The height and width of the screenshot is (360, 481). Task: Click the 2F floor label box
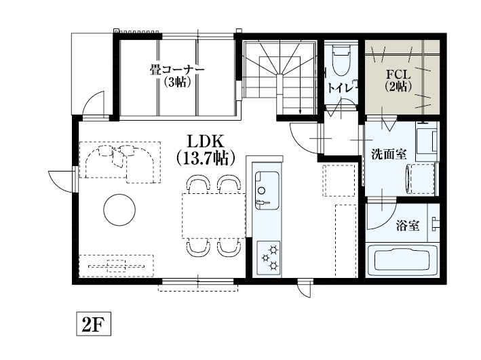click(94, 324)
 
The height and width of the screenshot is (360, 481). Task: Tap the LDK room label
click(206, 142)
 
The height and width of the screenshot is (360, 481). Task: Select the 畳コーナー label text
click(177, 70)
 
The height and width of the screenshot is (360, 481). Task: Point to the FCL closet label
click(398, 75)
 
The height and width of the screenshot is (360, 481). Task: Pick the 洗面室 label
click(389, 155)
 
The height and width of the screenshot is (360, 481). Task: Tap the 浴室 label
click(408, 226)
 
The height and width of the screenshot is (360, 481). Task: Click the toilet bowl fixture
click(341, 60)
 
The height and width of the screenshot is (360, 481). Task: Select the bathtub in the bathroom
click(402, 260)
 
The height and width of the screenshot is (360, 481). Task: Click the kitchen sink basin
click(267, 190)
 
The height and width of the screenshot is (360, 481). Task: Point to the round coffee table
click(119, 209)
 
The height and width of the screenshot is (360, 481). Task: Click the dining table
click(214, 216)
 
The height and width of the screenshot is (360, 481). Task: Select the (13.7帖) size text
click(206, 158)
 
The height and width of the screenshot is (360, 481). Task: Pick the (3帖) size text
click(177, 82)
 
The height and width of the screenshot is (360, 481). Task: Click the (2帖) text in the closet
click(398, 87)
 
